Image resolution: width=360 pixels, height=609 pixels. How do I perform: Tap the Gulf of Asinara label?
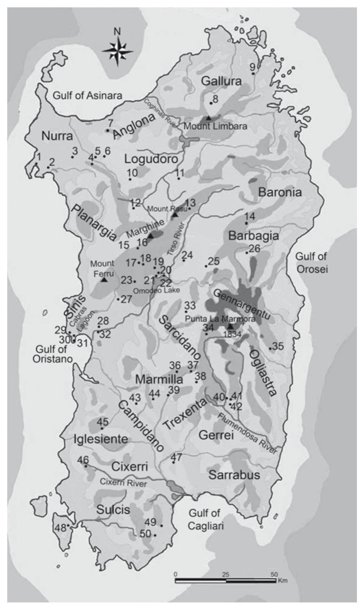pyautogui.click(x=87, y=95)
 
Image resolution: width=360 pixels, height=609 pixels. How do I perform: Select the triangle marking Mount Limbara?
pyautogui.click(x=208, y=117)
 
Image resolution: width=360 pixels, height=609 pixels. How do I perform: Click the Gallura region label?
pyautogui.click(x=221, y=81)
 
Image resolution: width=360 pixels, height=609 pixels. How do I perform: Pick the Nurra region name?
pyautogui.click(x=57, y=136)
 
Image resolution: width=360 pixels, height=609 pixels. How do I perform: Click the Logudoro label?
pyautogui.click(x=151, y=159)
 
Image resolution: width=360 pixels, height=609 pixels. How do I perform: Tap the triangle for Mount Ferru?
pyautogui.click(x=104, y=279)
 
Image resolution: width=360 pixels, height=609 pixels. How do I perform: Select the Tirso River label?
pyautogui.click(x=177, y=238)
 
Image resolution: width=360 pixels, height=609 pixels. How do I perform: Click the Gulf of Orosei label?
pyautogui.click(x=311, y=262)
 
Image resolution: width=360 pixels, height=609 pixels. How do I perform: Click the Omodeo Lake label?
pyautogui.click(x=156, y=290)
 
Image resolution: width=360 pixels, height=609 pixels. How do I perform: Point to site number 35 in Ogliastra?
pyautogui.click(x=278, y=346)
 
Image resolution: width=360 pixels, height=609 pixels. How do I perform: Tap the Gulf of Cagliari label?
pyautogui.click(x=206, y=519)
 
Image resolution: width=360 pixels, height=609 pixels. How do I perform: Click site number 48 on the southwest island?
pyautogui.click(x=61, y=528)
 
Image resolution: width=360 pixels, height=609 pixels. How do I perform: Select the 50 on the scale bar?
pyautogui.click(x=274, y=574)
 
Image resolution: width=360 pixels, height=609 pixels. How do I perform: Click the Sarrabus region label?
pyautogui.click(x=234, y=475)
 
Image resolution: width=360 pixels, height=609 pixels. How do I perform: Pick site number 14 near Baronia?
pyautogui.click(x=250, y=217)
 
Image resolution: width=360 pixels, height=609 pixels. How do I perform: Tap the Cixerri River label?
pyautogui.click(x=123, y=483)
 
